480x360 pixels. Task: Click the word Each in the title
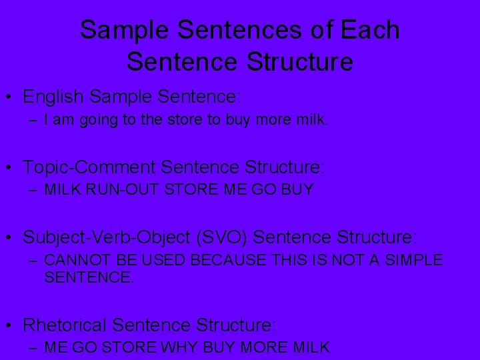point(370,31)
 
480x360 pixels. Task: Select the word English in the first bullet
point(53,96)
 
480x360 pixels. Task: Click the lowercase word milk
point(311,121)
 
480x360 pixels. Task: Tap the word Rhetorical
point(65,325)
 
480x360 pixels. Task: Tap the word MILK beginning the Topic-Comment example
point(61,189)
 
